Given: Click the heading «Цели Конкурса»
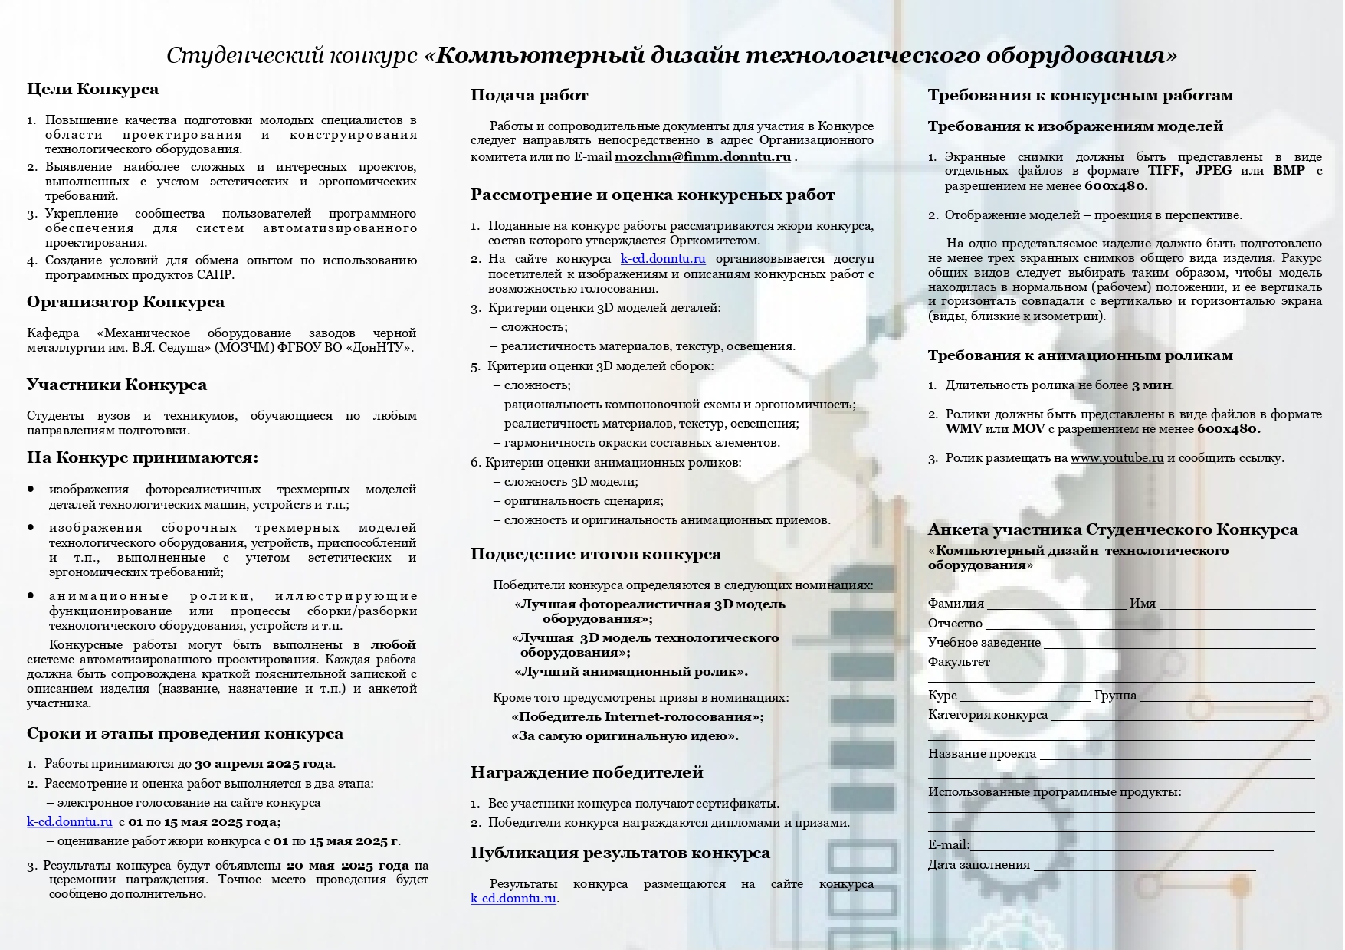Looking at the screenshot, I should [93, 90].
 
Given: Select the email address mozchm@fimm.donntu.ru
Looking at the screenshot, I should [702, 157].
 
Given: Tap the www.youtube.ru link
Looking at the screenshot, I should [1117, 458].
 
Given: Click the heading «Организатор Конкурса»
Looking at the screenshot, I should [126, 303].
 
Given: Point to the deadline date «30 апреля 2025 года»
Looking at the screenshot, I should [263, 764].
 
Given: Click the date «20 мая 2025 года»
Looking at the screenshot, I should [348, 866].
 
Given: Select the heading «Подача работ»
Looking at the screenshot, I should [529, 96].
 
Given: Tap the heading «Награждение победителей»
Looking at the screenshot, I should [586, 772].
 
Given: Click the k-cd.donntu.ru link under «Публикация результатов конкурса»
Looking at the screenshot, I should [513, 899].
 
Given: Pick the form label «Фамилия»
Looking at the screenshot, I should [956, 604].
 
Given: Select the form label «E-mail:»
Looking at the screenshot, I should [948, 845].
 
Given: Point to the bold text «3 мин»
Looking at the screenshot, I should [1152, 385].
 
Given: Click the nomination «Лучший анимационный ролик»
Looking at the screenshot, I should [631, 672].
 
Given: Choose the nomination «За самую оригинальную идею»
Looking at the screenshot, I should [625, 736].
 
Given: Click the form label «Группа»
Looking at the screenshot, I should [1115, 696].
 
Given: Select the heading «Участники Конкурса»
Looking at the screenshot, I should [116, 385].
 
